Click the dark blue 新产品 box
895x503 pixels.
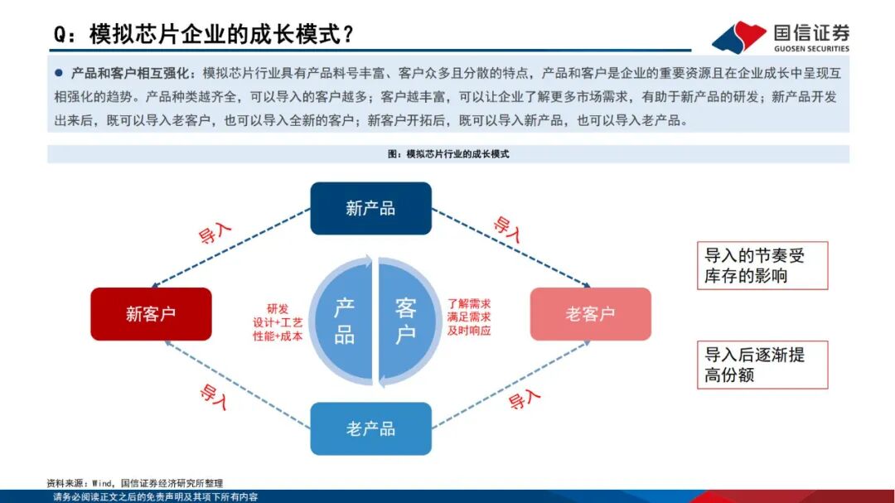(x=371, y=208)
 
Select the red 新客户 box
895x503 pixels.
(x=152, y=314)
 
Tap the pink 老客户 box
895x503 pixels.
(x=591, y=314)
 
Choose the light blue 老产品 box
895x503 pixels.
(x=371, y=428)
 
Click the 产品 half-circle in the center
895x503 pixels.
(x=342, y=322)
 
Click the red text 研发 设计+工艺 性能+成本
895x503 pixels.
(x=278, y=322)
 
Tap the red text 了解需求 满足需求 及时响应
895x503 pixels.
(x=469, y=317)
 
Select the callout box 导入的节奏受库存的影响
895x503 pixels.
(x=762, y=265)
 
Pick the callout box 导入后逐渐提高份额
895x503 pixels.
(x=762, y=365)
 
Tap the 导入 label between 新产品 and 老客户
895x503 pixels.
(x=507, y=229)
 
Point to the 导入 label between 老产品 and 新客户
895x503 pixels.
(x=214, y=396)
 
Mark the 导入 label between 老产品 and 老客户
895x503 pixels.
(x=524, y=399)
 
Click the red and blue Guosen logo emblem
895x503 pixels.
(x=739, y=37)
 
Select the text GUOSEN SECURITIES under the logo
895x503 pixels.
(x=811, y=49)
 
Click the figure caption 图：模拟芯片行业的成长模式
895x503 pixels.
(x=448, y=154)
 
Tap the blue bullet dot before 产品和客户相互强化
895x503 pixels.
(x=59, y=73)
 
